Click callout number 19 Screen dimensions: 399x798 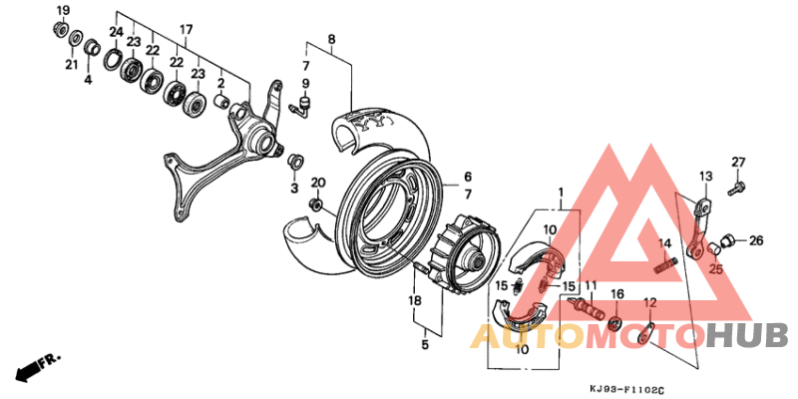click(x=62, y=11)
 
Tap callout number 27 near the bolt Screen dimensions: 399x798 click(x=738, y=163)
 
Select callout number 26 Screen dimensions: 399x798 click(x=755, y=240)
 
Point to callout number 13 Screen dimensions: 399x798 click(x=704, y=177)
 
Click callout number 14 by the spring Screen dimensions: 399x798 click(x=662, y=243)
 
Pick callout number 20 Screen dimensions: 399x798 click(x=318, y=183)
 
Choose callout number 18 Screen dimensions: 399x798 click(x=414, y=300)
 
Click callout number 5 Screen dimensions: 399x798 click(x=423, y=345)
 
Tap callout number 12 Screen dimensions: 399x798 click(x=648, y=303)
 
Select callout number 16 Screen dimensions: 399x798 click(x=616, y=294)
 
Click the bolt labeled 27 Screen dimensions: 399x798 click(x=735, y=185)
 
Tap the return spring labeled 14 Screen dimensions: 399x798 click(x=666, y=265)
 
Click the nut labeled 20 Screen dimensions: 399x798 click(x=316, y=205)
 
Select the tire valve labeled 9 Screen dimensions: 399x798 click(x=302, y=103)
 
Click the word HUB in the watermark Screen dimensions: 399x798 click(x=746, y=334)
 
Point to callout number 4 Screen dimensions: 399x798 click(x=88, y=79)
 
